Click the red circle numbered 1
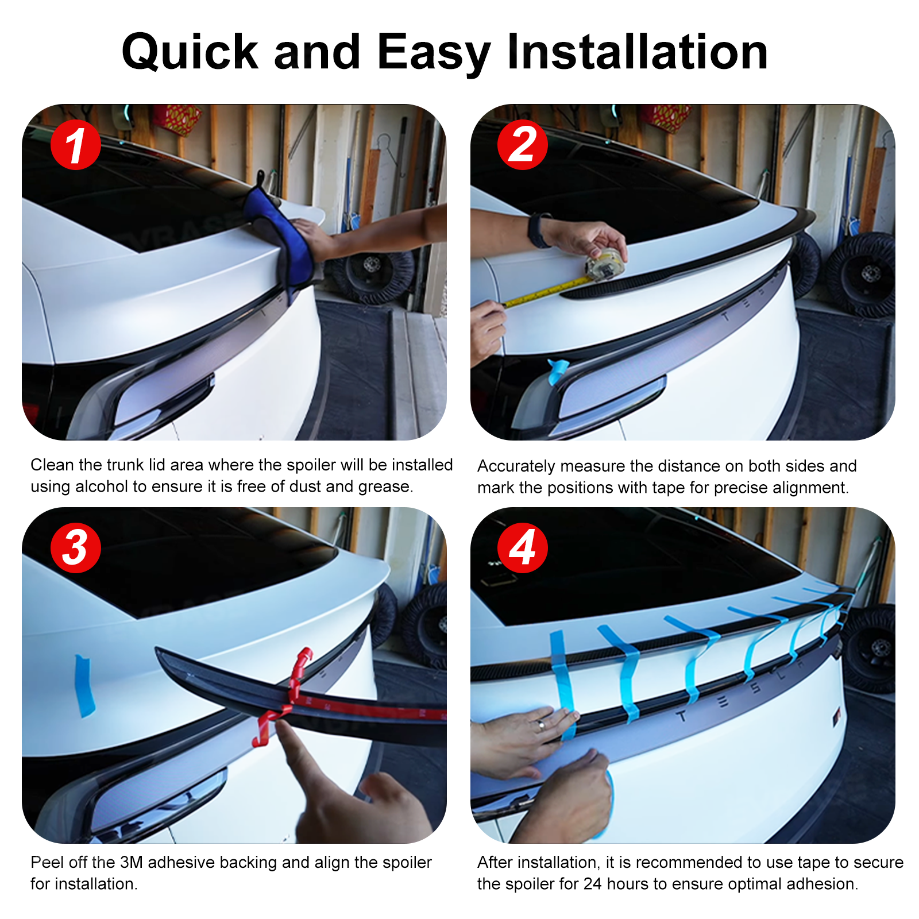pyautogui.click(x=75, y=145)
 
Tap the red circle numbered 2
pyautogui.click(x=522, y=145)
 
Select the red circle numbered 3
pyautogui.click(x=75, y=547)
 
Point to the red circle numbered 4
pyautogui.click(x=522, y=547)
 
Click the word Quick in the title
pyautogui.click(x=190, y=53)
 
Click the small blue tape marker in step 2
pyautogui.click(x=558, y=370)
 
